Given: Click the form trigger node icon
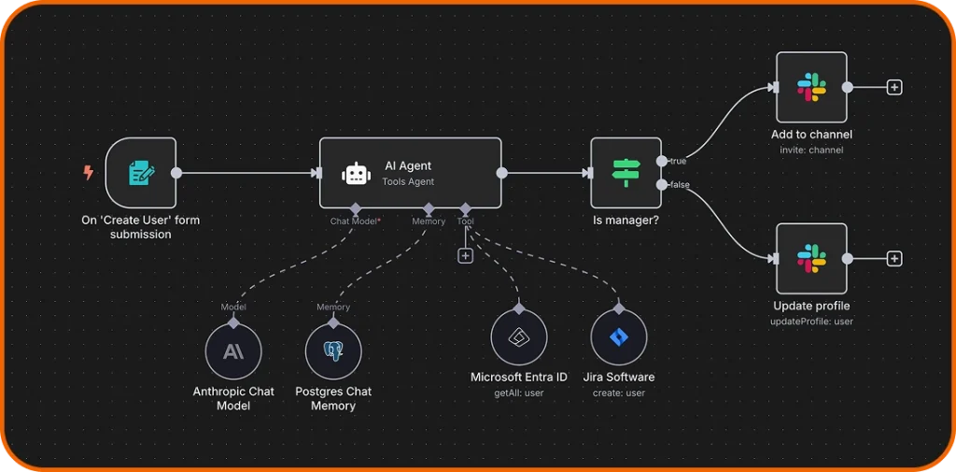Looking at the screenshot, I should (x=141, y=173).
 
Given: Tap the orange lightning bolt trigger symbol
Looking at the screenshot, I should (x=89, y=173).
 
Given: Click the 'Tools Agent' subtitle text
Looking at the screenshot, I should (x=408, y=181).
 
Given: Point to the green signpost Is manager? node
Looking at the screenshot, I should (x=626, y=173).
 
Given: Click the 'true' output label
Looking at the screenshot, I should (x=679, y=162).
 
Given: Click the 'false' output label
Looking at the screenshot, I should (x=680, y=185).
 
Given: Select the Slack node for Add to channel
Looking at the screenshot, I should (x=811, y=87).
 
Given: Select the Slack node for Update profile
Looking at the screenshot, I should (x=811, y=258).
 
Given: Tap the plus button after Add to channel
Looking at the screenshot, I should (x=894, y=87).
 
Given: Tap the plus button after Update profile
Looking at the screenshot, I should (x=894, y=258).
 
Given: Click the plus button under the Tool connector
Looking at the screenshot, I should (x=465, y=256).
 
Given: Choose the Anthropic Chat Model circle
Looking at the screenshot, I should (x=233, y=351).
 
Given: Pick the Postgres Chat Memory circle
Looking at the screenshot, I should (x=333, y=351).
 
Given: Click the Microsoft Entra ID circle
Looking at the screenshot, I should (x=519, y=337).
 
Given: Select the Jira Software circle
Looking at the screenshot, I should (x=619, y=337).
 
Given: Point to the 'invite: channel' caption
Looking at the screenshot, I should (x=811, y=150).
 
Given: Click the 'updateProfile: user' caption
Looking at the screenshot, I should (x=811, y=322).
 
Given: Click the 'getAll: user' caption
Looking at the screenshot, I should (x=519, y=393).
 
